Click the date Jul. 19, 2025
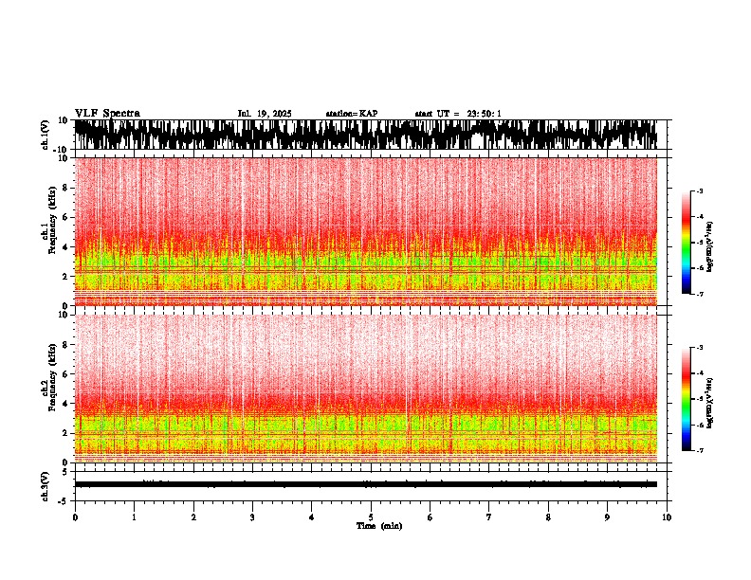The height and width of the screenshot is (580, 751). click(x=265, y=114)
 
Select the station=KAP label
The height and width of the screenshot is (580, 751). click(x=352, y=114)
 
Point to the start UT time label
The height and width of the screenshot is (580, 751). click(x=458, y=114)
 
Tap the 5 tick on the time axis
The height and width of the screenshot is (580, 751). click(x=371, y=517)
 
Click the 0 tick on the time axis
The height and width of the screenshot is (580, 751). click(x=75, y=517)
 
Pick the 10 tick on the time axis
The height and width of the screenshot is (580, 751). click(x=667, y=517)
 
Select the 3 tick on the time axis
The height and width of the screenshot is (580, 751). click(x=252, y=517)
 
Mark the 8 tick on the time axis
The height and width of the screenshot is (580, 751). click(x=548, y=517)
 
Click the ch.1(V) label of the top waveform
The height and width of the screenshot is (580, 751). click(x=46, y=135)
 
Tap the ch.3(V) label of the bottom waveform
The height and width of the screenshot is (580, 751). click(x=46, y=483)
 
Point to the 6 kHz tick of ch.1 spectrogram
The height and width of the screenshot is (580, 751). click(x=65, y=217)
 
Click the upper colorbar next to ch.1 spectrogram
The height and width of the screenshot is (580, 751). click(x=687, y=243)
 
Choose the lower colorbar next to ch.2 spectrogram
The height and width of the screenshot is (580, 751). click(x=687, y=398)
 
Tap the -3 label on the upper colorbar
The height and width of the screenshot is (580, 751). click(x=699, y=192)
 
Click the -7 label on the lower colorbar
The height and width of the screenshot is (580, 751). click(x=699, y=450)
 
